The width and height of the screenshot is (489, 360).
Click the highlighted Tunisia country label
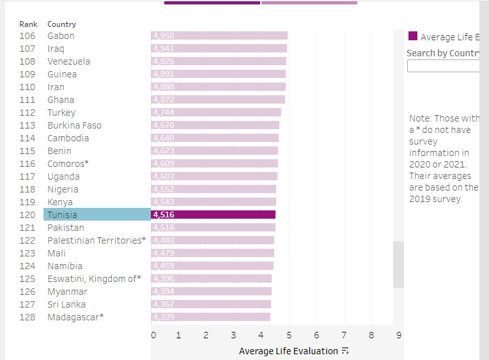62,215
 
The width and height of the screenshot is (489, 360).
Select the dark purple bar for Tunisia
213,215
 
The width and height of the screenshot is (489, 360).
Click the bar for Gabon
219,36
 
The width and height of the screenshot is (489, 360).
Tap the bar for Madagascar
210,317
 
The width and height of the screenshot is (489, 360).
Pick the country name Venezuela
68,61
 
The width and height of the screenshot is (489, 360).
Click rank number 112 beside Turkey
27,113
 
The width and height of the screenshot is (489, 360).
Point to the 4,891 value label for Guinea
164,74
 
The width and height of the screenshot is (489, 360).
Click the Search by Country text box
443,66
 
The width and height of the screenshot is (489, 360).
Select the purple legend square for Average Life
413,36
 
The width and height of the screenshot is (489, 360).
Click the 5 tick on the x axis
289,335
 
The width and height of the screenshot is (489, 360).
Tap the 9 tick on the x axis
398,335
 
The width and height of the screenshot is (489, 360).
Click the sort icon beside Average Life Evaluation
345,351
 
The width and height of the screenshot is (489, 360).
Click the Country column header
61,24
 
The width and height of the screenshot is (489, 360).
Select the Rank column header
28,24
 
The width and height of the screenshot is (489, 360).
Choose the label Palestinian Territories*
97,240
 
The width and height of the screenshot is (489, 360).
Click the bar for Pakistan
213,228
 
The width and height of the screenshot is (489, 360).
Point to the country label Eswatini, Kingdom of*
94,279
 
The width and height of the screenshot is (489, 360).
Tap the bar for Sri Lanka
211,304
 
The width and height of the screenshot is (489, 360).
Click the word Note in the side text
420,118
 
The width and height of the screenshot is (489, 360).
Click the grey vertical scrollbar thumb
398,264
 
